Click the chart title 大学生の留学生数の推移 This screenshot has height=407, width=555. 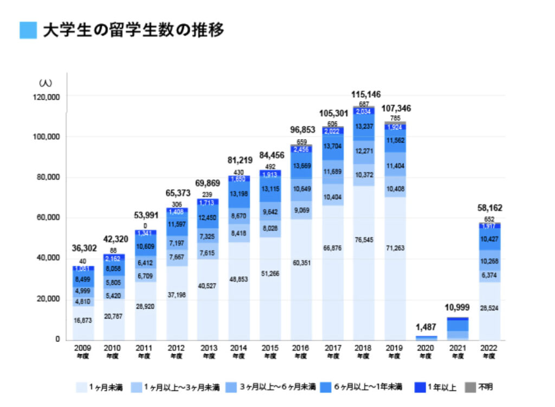(x=133, y=30)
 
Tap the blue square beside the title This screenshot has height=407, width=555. (x=28, y=30)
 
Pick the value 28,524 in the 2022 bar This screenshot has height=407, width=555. (x=489, y=307)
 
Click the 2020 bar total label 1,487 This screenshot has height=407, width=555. (x=425, y=327)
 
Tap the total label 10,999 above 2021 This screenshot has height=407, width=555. (x=457, y=307)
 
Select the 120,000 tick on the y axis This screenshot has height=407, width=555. (x=47, y=97)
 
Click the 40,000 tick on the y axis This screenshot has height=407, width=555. (x=49, y=258)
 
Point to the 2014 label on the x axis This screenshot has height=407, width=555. (x=238, y=347)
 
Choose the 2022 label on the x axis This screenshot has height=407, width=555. (x=489, y=347)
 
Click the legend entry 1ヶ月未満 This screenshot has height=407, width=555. (x=102, y=387)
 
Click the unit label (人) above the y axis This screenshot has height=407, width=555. (x=45, y=83)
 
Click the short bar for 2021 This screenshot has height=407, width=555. (x=457, y=328)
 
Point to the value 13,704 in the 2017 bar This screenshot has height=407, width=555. (x=333, y=146)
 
